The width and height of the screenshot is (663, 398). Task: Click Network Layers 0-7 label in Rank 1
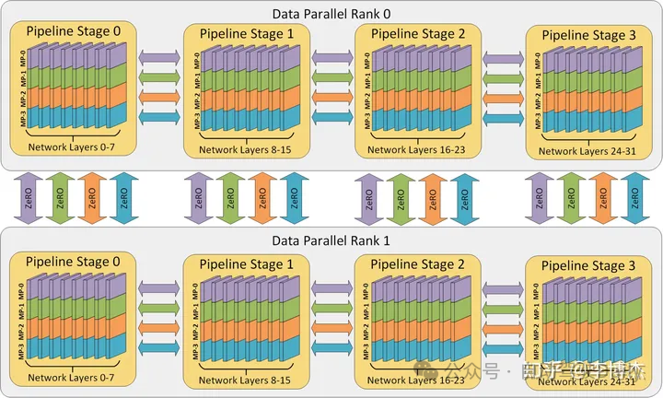coord(73,378)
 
